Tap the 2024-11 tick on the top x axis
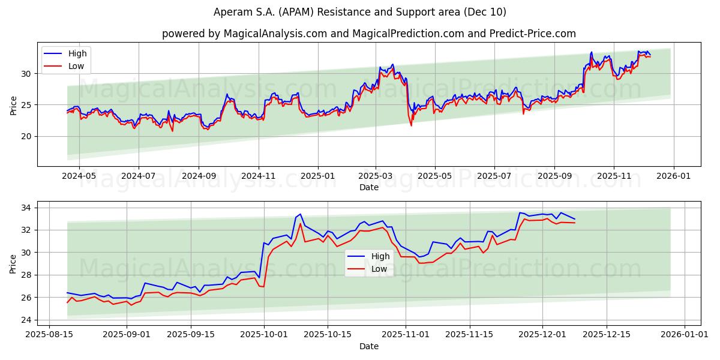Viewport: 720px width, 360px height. pyautogui.click(x=259, y=177)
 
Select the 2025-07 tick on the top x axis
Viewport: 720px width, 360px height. pyautogui.click(x=494, y=177)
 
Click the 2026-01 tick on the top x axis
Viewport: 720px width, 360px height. pyautogui.click(x=673, y=177)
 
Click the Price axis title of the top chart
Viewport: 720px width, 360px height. pyautogui.click(x=14, y=104)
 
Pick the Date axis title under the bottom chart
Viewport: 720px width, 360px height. pyautogui.click(x=369, y=346)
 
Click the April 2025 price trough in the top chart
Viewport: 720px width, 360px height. pyautogui.click(x=411, y=124)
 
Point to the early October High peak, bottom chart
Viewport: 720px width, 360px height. pyautogui.click(x=300, y=214)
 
